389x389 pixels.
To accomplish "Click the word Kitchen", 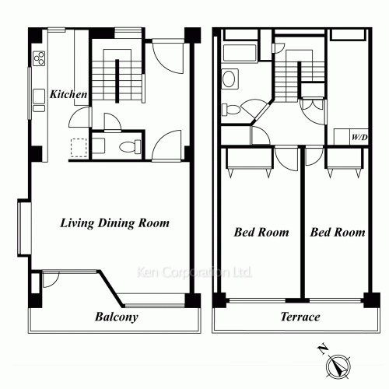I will [68, 94].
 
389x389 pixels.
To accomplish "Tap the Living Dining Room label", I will [114, 223].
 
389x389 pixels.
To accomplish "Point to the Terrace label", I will [300, 317].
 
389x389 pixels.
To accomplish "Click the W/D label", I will [359, 138].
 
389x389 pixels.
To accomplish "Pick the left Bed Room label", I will [261, 232].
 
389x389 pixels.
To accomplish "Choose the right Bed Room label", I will [337, 232].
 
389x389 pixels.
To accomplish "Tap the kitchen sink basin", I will [38, 96].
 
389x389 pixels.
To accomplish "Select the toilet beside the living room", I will [131, 145].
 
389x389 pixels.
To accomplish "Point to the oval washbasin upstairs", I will [230, 79].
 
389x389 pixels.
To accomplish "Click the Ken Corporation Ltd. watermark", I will [194, 273].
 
